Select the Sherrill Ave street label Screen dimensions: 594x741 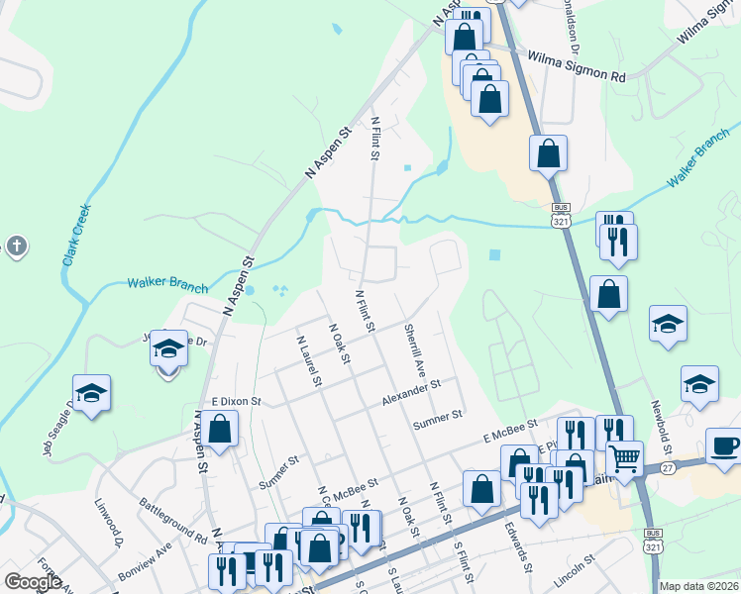tap(415, 348)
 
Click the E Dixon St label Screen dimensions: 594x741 tap(234, 402)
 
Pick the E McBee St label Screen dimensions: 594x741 tap(509, 431)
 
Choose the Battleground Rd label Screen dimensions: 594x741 tap(174, 523)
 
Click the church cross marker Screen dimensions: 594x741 tap(16, 247)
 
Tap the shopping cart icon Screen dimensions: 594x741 tap(625, 457)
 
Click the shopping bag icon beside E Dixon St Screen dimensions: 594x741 tap(222, 430)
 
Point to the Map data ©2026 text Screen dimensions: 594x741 tap(698, 586)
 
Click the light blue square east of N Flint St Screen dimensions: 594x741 tap(495, 254)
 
